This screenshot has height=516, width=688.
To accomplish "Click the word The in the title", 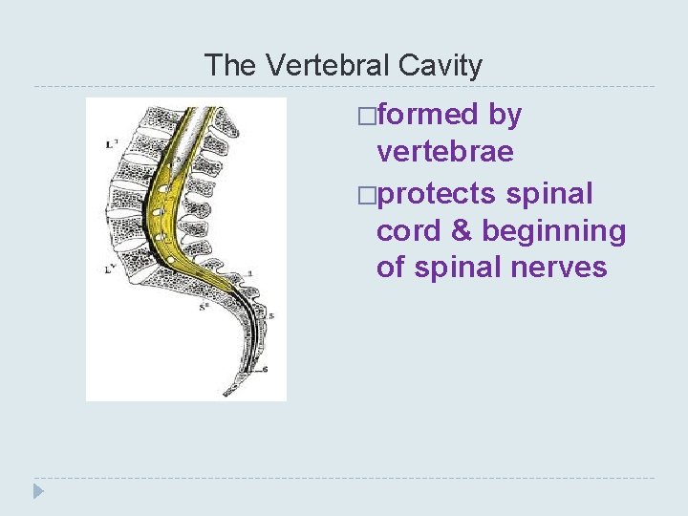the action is [230, 65].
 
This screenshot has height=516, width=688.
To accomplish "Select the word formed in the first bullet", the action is [427, 116].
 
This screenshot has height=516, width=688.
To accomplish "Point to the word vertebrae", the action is [445, 152].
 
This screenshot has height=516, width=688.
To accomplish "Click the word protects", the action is [437, 194].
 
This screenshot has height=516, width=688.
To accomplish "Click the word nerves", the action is [558, 268].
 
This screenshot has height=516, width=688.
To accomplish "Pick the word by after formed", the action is [505, 116].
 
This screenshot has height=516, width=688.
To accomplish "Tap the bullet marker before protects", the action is [366, 195].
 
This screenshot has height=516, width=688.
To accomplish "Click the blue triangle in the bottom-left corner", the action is [37, 492].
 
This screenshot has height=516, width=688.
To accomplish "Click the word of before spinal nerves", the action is [391, 268].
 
